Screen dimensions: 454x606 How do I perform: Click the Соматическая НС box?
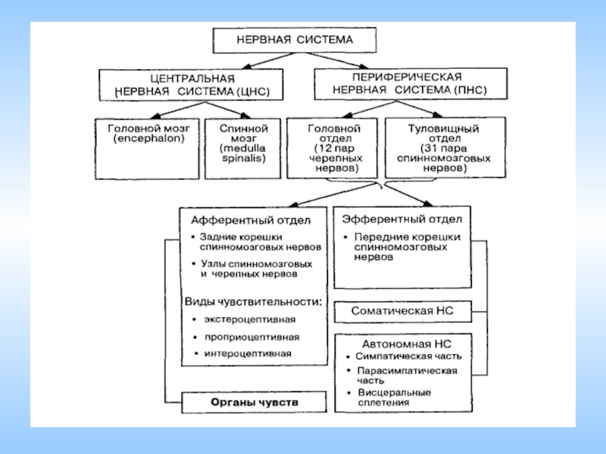401,311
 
